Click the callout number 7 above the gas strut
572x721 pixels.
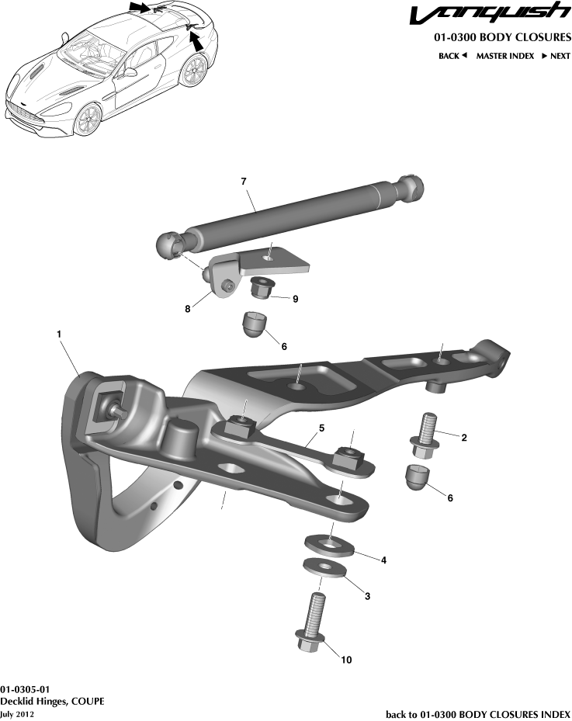(244, 181)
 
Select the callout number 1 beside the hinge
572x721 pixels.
(59, 333)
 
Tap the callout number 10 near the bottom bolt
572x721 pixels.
(346, 660)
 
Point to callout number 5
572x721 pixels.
(321, 428)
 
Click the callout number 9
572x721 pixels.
(296, 298)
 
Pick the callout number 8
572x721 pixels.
(187, 308)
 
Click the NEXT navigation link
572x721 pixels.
(556, 56)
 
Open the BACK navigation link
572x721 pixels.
(452, 56)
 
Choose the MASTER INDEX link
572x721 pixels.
(504, 56)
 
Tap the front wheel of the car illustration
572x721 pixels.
(88, 118)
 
